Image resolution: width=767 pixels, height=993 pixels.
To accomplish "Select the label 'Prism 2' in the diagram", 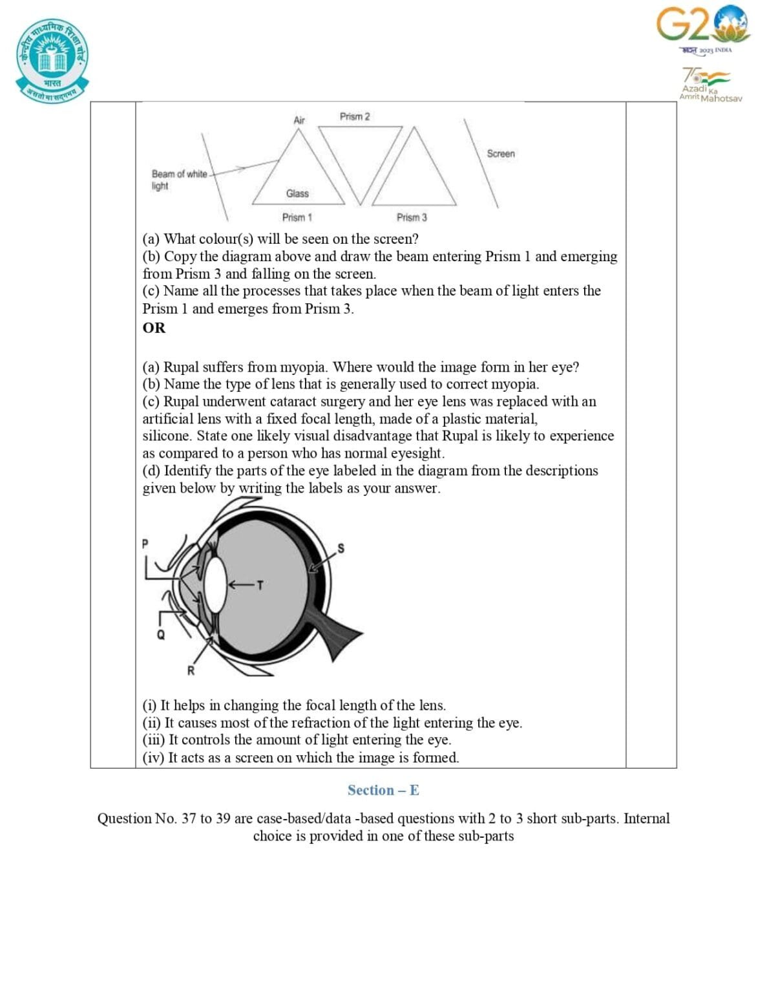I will pyautogui.click(x=355, y=116).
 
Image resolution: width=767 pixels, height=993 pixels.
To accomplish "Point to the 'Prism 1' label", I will pyautogui.click(x=297, y=217).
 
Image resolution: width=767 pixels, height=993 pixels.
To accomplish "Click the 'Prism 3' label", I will pyautogui.click(x=412, y=217).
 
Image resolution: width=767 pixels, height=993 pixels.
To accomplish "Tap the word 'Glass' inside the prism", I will pyautogui.click(x=297, y=193).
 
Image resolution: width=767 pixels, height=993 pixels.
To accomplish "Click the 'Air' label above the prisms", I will pyautogui.click(x=299, y=120).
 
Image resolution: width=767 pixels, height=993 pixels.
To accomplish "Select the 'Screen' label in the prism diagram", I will pyautogui.click(x=501, y=154).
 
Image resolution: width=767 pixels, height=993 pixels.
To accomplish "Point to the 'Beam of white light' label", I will pyautogui.click(x=178, y=180).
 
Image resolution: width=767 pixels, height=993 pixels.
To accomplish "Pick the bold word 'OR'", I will pyautogui.click(x=154, y=328).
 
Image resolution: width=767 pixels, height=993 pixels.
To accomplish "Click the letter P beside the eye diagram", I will pyautogui.click(x=145, y=544).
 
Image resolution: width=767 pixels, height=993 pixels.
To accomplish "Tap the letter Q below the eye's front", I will pyautogui.click(x=161, y=635).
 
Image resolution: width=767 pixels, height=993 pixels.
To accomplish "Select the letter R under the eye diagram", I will pyautogui.click(x=191, y=670).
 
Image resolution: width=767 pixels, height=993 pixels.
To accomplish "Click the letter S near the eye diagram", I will pyautogui.click(x=341, y=548).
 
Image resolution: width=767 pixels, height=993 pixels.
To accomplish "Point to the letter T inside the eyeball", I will pyautogui.click(x=260, y=585).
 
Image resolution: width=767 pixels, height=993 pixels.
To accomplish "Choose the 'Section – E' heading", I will pyautogui.click(x=383, y=790).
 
